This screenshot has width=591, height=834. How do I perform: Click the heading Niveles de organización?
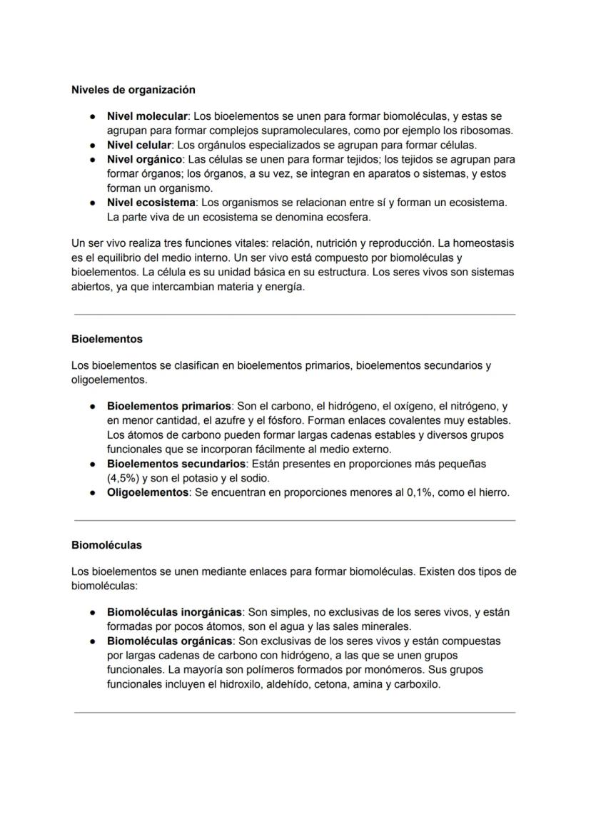coord(133,90)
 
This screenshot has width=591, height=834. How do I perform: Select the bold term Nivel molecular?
coord(146,116)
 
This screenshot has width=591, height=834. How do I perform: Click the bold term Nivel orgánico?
coord(144,159)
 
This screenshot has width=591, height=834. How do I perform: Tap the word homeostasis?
coord(483,243)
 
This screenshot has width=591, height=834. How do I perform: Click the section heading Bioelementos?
coord(106,339)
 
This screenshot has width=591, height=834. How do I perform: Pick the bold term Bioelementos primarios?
coord(168,406)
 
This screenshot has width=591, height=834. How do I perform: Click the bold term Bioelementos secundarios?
coord(176,464)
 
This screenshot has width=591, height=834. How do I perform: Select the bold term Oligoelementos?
coord(147,492)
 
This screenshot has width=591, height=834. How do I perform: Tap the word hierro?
coord(492,492)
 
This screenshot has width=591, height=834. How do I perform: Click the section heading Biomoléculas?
coord(106,545)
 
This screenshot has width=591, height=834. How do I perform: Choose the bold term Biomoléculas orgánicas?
coord(168,641)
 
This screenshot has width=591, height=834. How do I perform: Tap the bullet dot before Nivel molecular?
coord(93,116)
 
